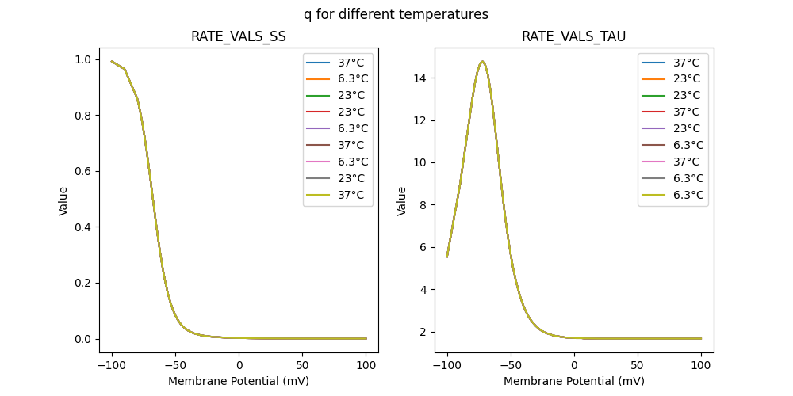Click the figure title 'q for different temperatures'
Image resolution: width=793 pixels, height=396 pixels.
[396, 14]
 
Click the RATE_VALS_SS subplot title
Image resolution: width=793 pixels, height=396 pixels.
[239, 37]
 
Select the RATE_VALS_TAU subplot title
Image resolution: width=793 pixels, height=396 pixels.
[573, 37]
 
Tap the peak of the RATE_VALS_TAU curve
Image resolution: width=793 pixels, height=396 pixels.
[482, 62]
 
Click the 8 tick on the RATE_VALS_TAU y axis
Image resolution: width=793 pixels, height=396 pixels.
[425, 205]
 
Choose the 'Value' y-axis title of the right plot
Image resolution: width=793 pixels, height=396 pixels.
[402, 201]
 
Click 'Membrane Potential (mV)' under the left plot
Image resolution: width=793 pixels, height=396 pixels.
[239, 381]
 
